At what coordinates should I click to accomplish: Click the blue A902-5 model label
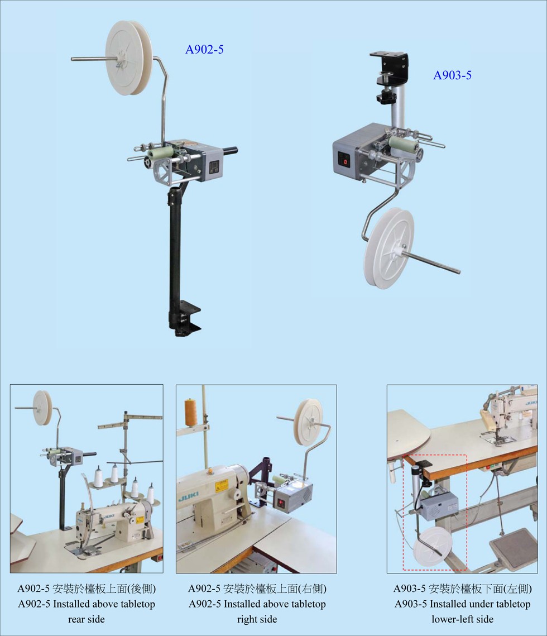(x=204, y=50)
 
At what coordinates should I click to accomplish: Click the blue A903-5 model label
(x=452, y=75)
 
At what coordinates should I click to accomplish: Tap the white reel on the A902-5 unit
(x=129, y=58)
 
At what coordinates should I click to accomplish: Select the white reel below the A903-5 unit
(x=390, y=248)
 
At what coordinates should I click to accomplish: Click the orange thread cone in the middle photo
(x=190, y=412)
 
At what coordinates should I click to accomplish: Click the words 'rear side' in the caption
(x=87, y=619)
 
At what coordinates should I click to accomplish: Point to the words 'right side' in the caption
(x=257, y=619)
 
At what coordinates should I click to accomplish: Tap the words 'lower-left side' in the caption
(x=462, y=619)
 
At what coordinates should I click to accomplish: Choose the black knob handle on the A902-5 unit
(x=229, y=151)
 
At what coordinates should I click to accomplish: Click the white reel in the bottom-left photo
(x=42, y=408)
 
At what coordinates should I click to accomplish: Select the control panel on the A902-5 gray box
(x=214, y=167)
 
